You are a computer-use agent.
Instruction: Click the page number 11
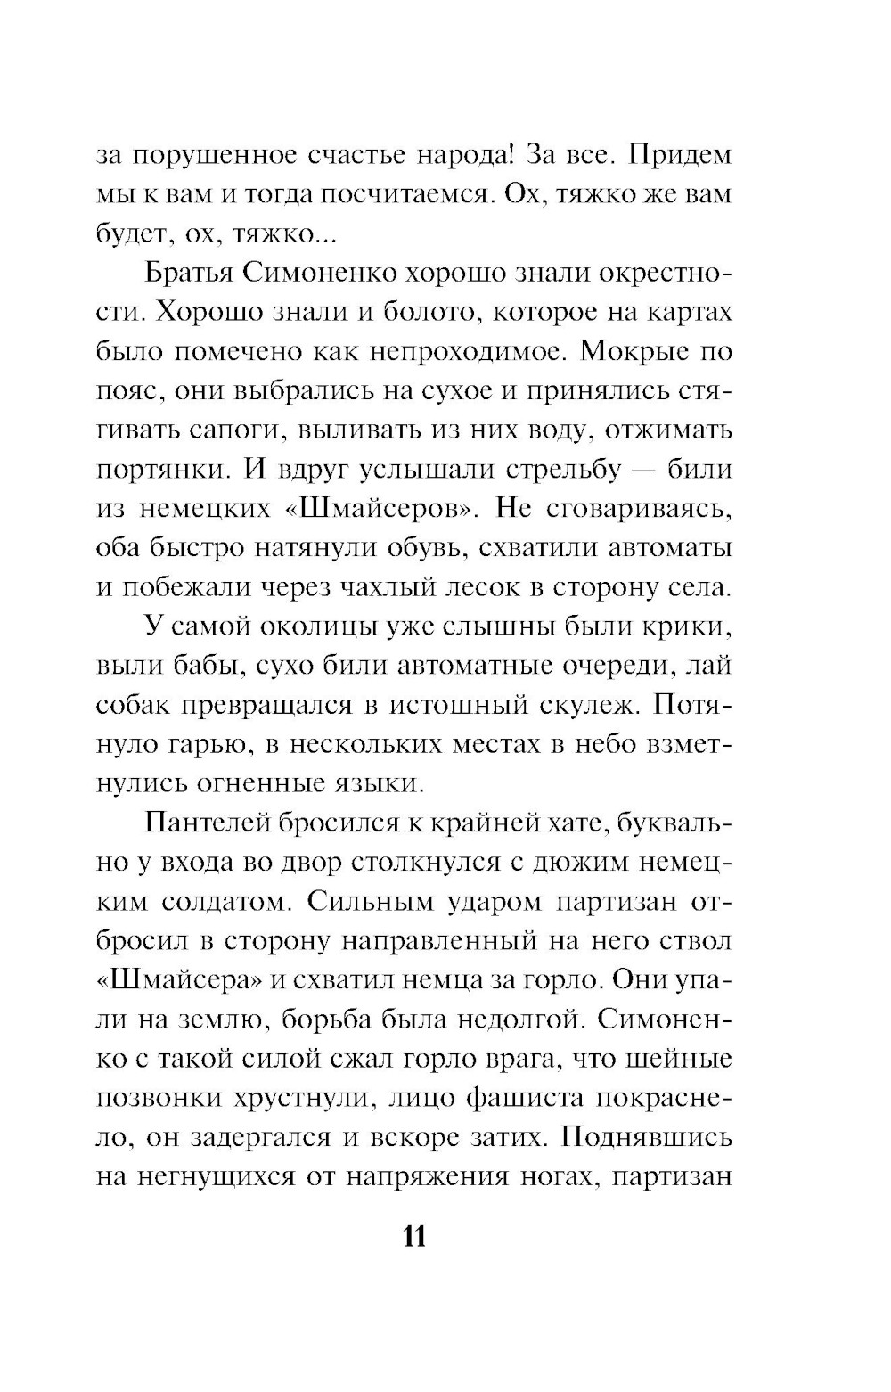(414, 1239)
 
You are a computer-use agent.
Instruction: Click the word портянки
(157, 470)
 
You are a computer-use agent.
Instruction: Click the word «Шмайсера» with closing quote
(178, 979)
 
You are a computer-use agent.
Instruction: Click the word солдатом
(226, 901)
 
